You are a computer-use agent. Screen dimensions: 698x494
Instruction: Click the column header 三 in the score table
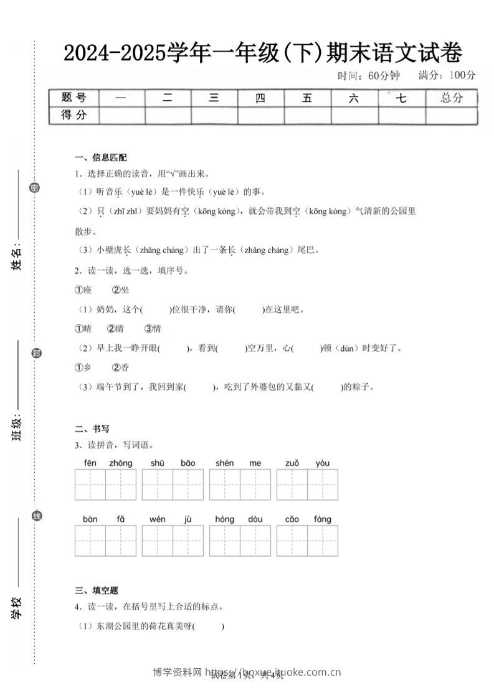coord(214,98)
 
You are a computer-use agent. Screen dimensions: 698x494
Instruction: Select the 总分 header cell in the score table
coord(452,98)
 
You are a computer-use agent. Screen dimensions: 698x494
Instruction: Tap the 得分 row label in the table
coord(74,115)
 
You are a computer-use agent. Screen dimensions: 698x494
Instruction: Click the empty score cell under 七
coord(402,115)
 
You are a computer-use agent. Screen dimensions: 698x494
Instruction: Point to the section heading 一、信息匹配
coord(100,157)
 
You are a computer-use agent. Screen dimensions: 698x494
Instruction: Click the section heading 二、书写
coord(92,429)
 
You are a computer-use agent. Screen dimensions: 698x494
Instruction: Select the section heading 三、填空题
coord(96,590)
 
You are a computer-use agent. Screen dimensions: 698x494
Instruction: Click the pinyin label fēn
coord(90,463)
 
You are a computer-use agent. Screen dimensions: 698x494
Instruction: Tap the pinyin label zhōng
coord(121,463)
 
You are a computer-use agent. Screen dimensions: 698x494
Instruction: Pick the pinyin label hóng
coord(224,519)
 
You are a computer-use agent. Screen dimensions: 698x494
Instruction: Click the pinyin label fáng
coord(323,519)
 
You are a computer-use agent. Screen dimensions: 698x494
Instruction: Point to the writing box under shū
coord(158,485)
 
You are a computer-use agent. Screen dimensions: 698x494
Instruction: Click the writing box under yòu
coord(323,485)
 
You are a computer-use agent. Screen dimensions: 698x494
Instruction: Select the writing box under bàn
coord(90,541)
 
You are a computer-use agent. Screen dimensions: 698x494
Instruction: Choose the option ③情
coord(153,328)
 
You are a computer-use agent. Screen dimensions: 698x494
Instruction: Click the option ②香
coord(120,368)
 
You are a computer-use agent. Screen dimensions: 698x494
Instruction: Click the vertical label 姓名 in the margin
coord(17,257)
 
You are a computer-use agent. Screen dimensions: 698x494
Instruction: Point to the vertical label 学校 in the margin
coord(17,607)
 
